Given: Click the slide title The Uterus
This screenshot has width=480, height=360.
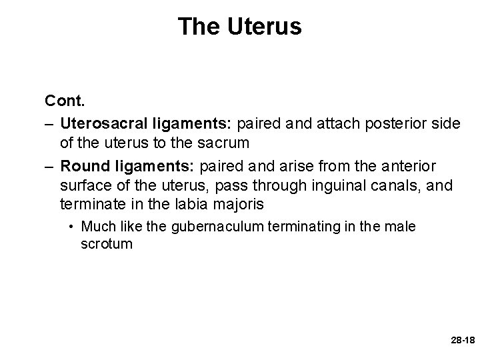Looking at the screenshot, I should [240, 27].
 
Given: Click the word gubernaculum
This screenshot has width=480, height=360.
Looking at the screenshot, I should [209, 227].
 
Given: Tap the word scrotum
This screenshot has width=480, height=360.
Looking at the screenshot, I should [107, 244].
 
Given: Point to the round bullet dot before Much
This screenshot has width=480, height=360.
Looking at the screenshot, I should [71, 227].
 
